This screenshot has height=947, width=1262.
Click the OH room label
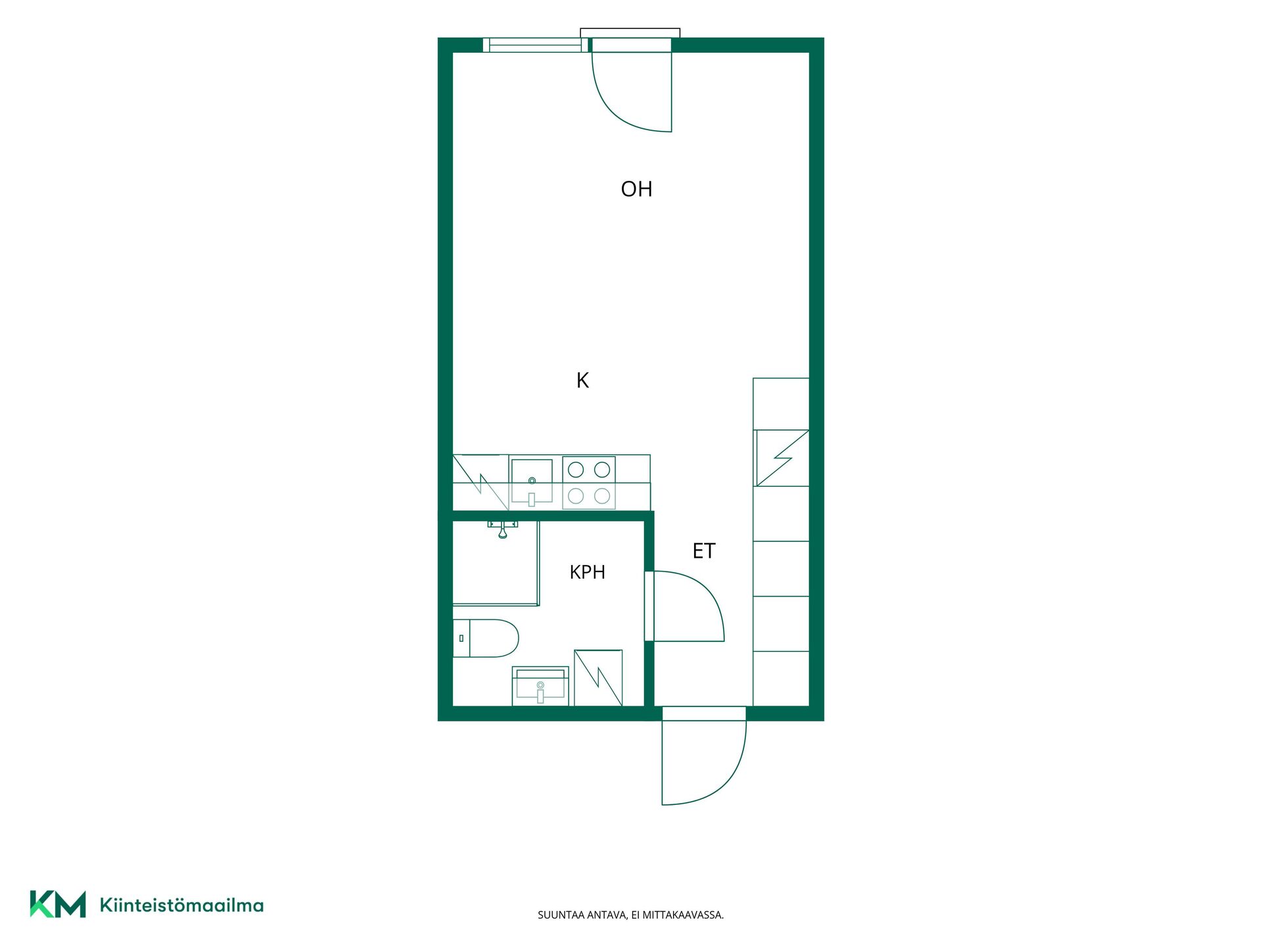[x=636, y=189]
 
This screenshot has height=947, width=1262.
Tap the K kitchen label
[x=582, y=380]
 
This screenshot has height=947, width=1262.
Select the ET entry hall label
[x=703, y=551]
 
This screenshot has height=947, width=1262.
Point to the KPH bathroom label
[x=587, y=572]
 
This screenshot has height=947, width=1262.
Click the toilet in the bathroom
[x=486, y=638]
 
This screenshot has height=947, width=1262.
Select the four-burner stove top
[x=589, y=483]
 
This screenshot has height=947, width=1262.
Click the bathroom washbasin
[x=540, y=686]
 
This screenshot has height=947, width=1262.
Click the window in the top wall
[x=536, y=45]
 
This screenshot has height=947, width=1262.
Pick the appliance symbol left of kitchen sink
[x=480, y=482]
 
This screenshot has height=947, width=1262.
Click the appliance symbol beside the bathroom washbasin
[x=598, y=678]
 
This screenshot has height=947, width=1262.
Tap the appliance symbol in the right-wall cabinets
[x=782, y=458]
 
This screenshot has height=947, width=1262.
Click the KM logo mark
[x=58, y=904]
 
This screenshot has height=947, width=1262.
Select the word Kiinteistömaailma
[x=181, y=906]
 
